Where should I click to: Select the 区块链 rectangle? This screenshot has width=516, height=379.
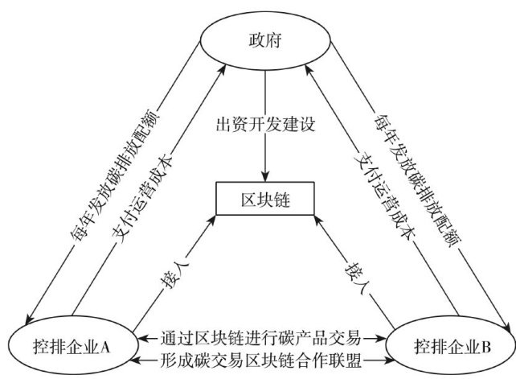tap(265, 200)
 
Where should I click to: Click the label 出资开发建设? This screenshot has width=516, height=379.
tap(264, 126)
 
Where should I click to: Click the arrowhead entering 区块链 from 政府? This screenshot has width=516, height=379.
tap(265, 180)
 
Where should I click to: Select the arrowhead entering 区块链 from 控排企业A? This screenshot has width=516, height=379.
tap(213, 218)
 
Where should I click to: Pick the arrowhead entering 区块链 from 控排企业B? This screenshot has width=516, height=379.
tap(315, 218)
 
